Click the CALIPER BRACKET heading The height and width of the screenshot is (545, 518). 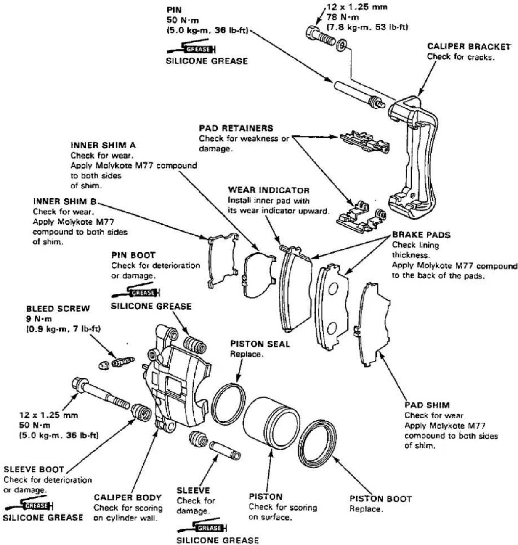pyautogui.click(x=469, y=47)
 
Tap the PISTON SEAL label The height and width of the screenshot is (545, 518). pyautogui.click(x=260, y=344)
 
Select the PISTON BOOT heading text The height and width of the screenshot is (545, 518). pyautogui.click(x=380, y=499)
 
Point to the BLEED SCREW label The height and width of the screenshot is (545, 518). pyautogui.click(x=58, y=309)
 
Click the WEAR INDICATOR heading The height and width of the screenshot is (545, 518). pyautogui.click(x=268, y=190)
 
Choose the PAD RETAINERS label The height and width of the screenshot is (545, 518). pyautogui.click(x=236, y=128)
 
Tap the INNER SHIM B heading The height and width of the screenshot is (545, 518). pyautogui.click(x=64, y=201)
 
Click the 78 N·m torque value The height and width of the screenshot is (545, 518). pyautogui.click(x=343, y=17)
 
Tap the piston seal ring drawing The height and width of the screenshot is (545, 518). pyautogui.click(x=228, y=400)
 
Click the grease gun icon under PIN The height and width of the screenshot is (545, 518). pyautogui.click(x=191, y=48)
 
